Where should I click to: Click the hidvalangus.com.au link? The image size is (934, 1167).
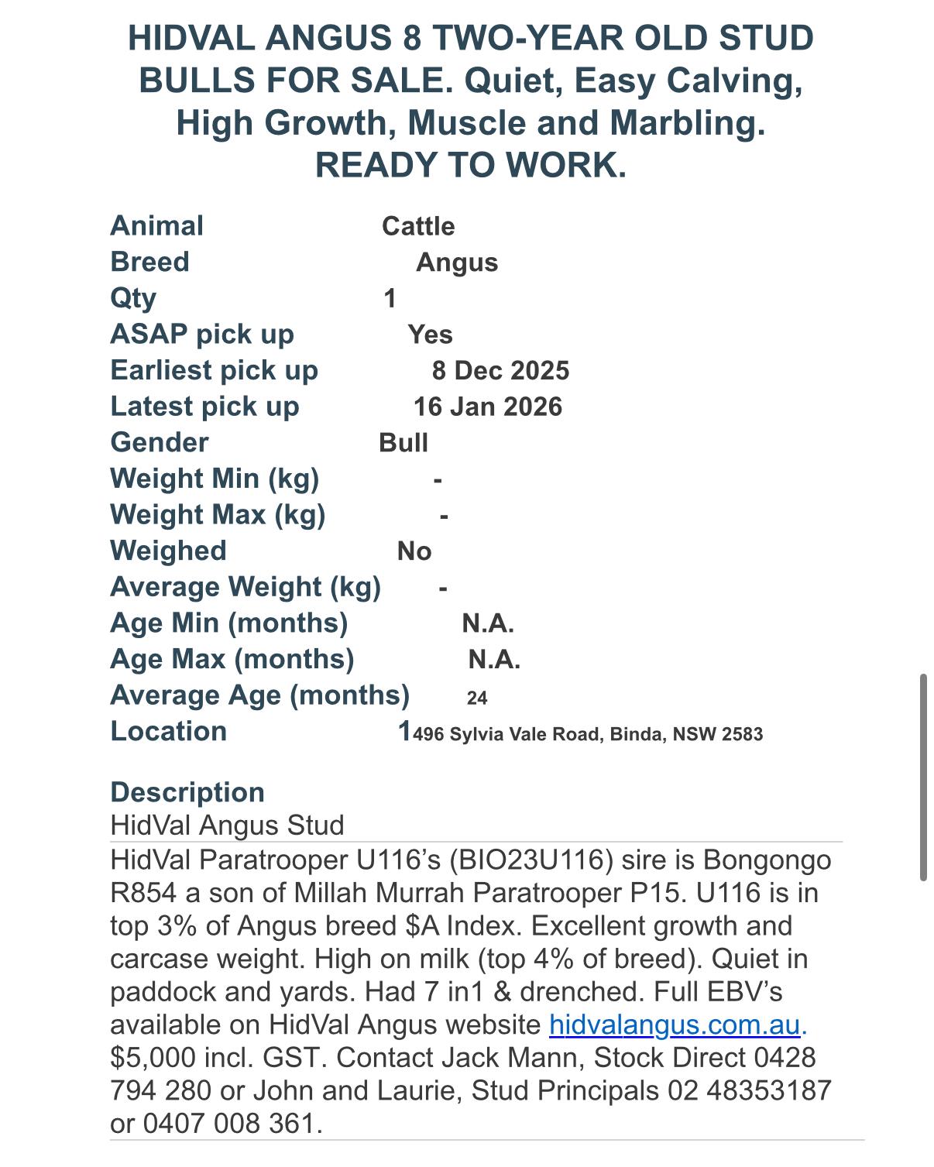tap(674, 1025)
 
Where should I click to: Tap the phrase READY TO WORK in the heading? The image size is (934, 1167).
tap(470, 165)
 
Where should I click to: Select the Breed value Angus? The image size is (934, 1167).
tap(457, 263)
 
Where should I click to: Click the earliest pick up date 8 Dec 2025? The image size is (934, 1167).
tap(500, 370)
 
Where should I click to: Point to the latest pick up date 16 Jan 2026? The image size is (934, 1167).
tap(488, 407)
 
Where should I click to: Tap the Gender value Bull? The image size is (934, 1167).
tap(403, 442)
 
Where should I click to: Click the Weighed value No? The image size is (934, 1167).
tap(414, 551)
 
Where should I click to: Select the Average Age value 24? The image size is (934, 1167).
tap(477, 698)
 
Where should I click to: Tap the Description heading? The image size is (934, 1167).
tap(187, 792)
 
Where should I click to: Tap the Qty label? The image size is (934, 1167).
tap(133, 298)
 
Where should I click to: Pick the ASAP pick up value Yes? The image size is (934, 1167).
tap(430, 335)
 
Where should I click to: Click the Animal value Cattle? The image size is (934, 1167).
tap(418, 226)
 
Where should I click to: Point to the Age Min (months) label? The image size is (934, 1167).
tap(229, 623)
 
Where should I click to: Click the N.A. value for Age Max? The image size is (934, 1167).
tap(494, 659)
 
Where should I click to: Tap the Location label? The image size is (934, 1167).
tap(169, 731)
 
